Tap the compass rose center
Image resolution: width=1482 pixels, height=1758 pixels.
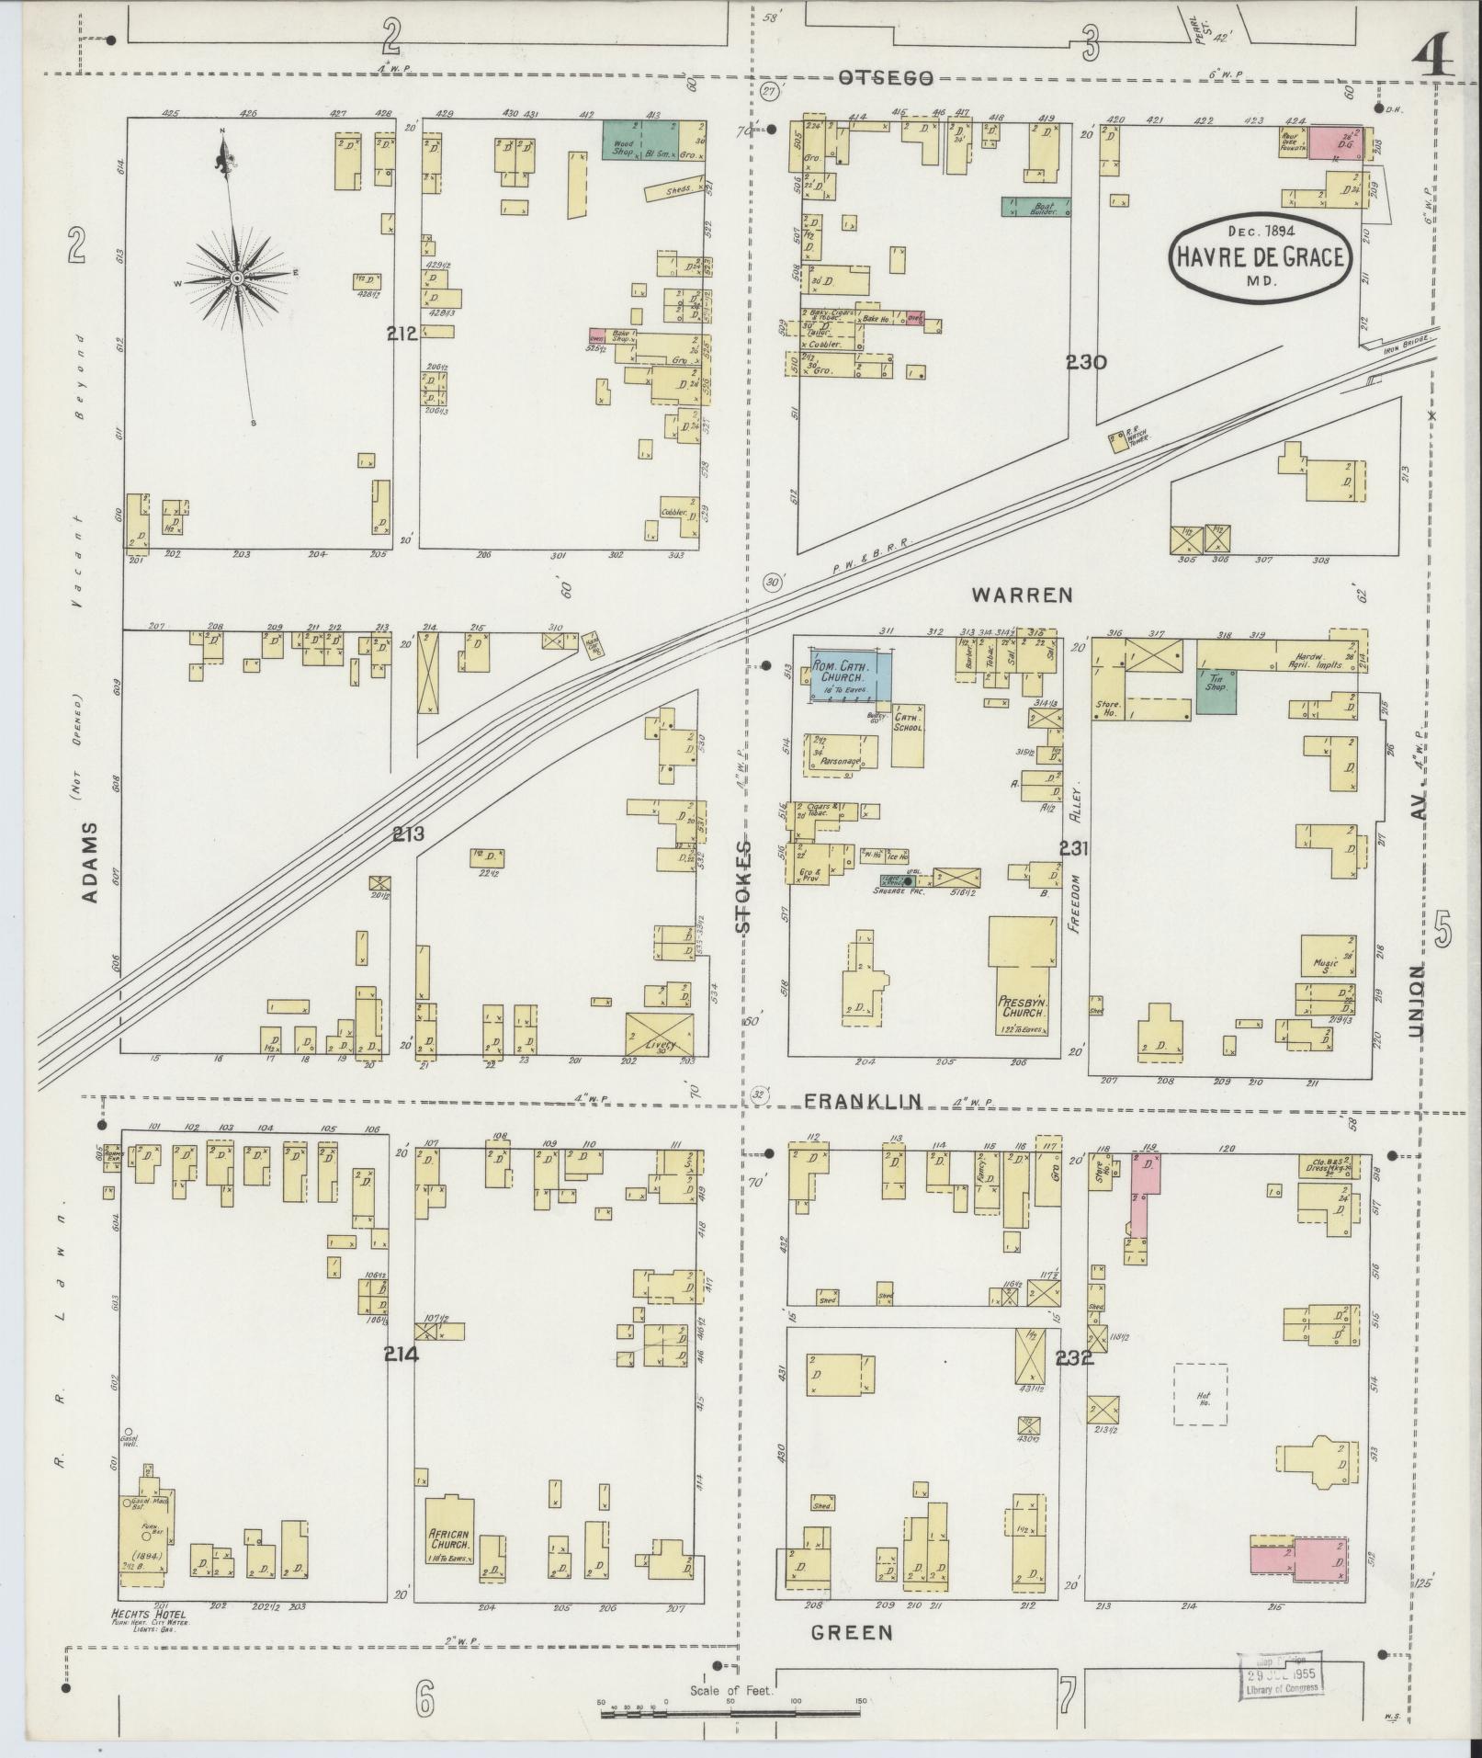(x=237, y=277)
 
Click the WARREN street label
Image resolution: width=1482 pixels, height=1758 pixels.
(x=1022, y=595)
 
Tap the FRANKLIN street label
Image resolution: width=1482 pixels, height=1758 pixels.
(x=863, y=1101)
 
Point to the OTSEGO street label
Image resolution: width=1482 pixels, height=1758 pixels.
(x=885, y=79)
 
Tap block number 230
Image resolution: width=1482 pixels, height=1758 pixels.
(x=1086, y=362)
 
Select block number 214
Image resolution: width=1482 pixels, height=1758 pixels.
(x=402, y=1354)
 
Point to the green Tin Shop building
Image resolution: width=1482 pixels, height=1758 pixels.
(x=1216, y=691)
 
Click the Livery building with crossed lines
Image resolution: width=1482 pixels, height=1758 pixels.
(x=659, y=1034)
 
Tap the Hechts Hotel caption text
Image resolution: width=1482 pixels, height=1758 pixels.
(x=148, y=1615)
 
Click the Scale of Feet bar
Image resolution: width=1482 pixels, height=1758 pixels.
(x=732, y=1712)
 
